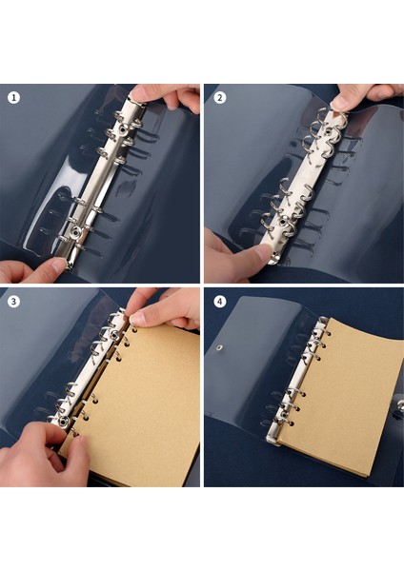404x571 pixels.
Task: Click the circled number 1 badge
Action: (x=14, y=97)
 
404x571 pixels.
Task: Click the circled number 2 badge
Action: (x=220, y=97)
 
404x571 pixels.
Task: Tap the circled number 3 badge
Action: (x=14, y=302)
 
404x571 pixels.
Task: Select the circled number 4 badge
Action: (x=220, y=302)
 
